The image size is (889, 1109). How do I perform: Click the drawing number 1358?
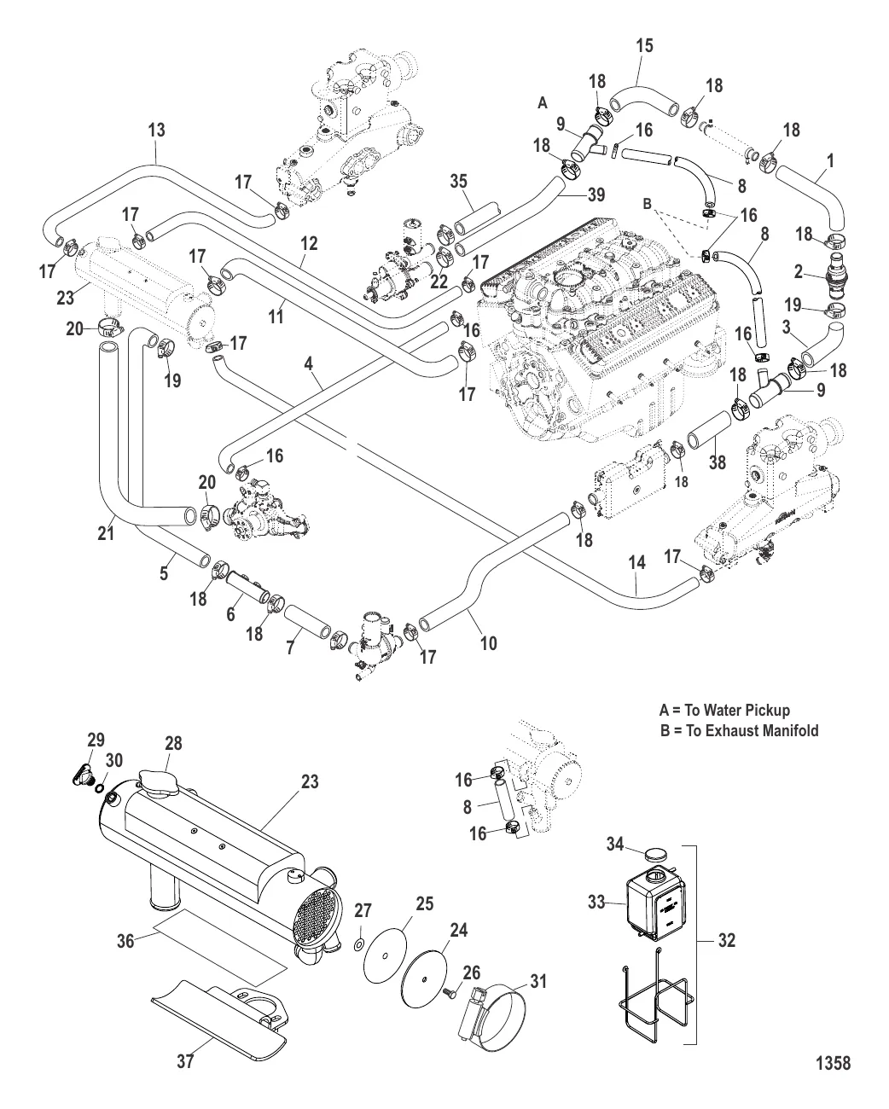(833, 1063)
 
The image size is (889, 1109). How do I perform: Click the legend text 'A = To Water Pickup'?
(725, 711)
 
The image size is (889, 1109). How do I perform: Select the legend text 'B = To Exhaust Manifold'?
(740, 731)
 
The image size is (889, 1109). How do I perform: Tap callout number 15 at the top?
(645, 46)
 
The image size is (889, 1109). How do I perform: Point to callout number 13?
(156, 131)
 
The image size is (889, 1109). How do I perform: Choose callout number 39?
(596, 195)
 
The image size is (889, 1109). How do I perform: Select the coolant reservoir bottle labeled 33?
(653, 904)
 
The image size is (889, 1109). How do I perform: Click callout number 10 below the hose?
(488, 642)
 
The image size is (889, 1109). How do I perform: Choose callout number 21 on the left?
(106, 534)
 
